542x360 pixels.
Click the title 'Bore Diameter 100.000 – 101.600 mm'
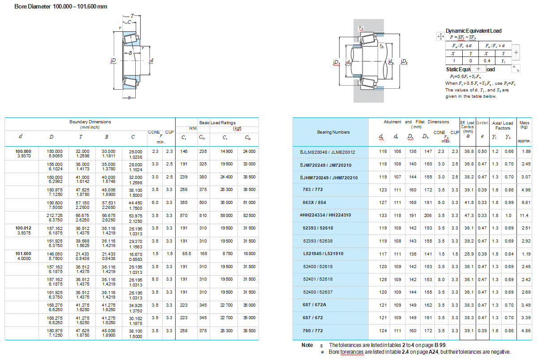coord(61,7)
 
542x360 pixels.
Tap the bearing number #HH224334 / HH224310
coord(325,215)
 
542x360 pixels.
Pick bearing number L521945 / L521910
coord(323,254)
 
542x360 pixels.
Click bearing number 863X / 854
coord(314,202)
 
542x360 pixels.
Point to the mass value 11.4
coord(524,216)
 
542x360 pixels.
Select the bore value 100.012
coord(23,228)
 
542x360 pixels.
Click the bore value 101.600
coord(23,254)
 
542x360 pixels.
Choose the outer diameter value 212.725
coord(55,216)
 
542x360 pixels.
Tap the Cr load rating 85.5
coord(186,254)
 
